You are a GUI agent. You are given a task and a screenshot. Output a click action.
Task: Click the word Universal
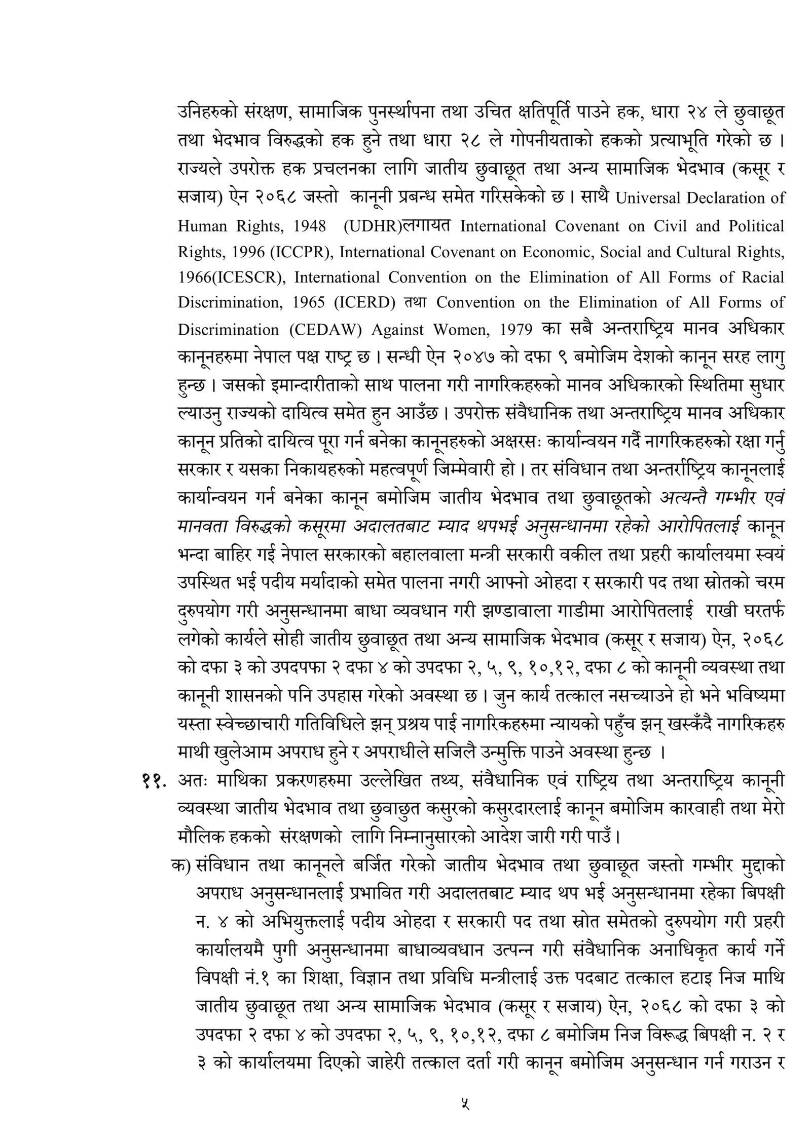647,198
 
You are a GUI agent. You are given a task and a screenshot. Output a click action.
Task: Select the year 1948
309,225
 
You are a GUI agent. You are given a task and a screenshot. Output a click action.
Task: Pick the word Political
756,225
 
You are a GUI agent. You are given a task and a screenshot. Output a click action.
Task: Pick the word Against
396,330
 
